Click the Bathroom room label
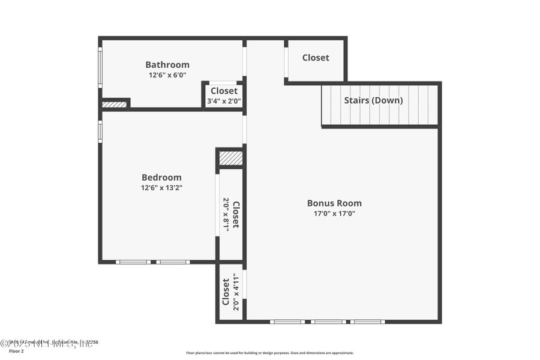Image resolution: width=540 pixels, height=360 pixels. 167,65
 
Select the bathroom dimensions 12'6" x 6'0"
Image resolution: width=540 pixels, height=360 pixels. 167,76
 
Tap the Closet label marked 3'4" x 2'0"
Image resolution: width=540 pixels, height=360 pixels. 224,91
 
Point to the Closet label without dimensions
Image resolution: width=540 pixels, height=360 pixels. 316,58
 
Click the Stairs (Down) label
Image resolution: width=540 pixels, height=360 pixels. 373,100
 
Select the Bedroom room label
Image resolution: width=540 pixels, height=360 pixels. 161,177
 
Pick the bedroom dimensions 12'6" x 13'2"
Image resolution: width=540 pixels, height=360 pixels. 161,188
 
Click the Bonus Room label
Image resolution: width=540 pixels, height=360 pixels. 334,203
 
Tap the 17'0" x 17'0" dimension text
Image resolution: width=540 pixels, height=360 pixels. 334,214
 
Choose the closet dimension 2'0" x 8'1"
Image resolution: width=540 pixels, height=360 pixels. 226,214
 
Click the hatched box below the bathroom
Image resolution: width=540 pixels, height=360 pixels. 114,104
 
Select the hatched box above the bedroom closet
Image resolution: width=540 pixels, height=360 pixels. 230,158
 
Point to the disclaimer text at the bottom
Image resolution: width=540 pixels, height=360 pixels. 270,353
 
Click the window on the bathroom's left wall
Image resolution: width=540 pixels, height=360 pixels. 100,67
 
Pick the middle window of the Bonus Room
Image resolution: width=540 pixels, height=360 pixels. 328,322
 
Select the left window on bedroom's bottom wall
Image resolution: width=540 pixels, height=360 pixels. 133,262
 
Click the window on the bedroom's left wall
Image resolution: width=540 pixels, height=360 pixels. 100,131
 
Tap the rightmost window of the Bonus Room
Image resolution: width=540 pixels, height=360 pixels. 367,322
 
